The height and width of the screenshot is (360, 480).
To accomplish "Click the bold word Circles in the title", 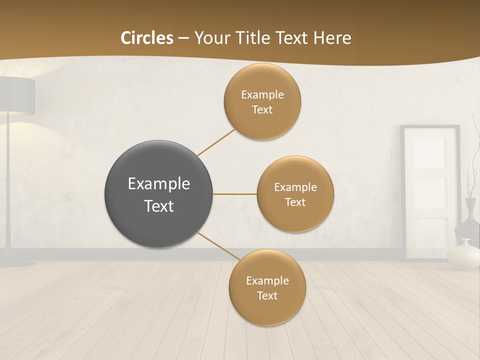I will point(147,38).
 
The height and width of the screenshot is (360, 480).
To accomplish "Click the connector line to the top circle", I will point(216,142).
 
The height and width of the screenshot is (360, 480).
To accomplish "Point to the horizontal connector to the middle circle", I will point(234,194).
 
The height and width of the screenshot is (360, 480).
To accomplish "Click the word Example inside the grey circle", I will point(158,183).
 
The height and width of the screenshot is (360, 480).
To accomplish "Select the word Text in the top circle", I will point(262,110).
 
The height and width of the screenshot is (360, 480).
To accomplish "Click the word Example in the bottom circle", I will point(267,280).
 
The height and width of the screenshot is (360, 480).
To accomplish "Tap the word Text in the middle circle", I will point(295,202).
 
